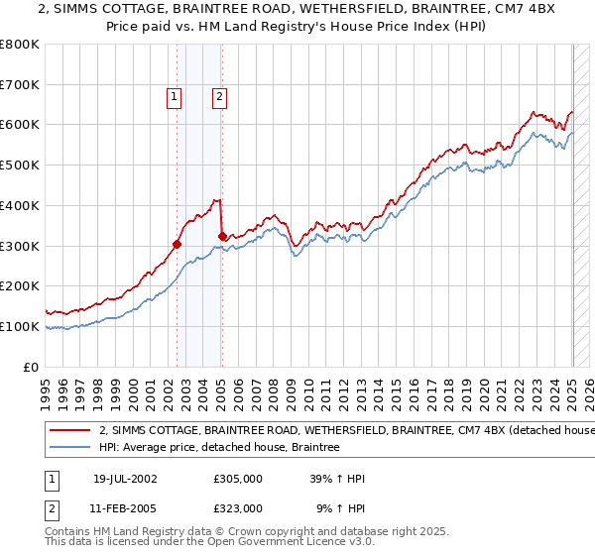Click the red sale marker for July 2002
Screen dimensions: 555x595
(178, 244)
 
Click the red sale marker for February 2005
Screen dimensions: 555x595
(222, 236)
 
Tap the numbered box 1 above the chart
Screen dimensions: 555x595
(174, 96)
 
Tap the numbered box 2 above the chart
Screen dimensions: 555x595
(218, 96)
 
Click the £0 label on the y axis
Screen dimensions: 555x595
(32, 367)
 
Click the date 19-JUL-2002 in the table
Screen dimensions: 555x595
(125, 479)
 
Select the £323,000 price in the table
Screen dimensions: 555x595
(238, 507)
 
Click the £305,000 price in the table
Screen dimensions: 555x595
(238, 479)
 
